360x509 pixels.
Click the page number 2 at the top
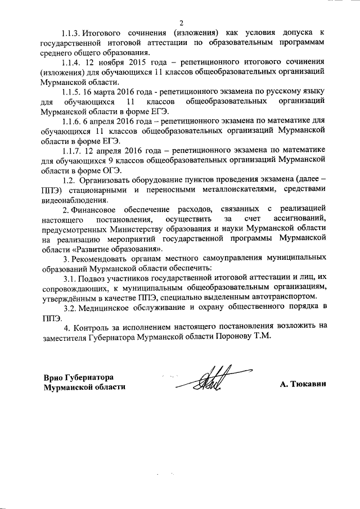[x=181, y=23]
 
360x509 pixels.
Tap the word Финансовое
[x=97, y=209]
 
